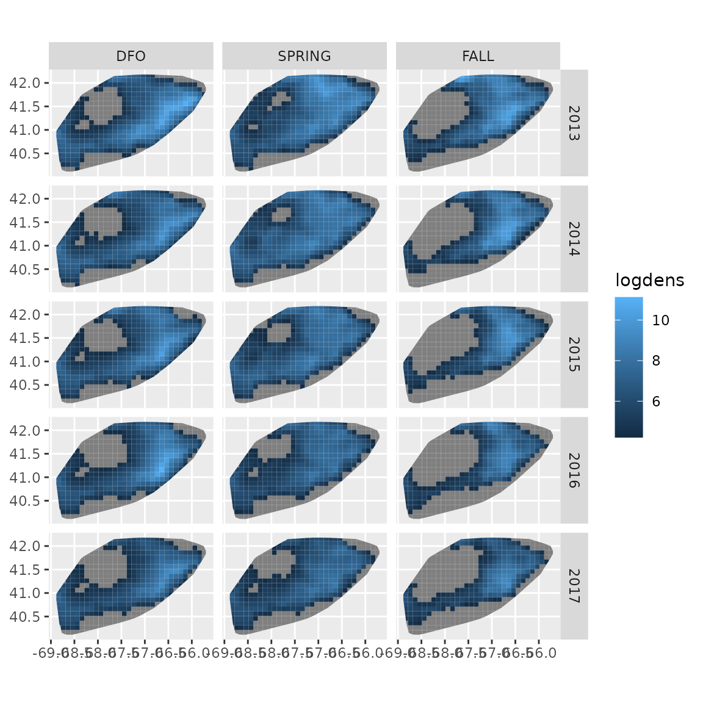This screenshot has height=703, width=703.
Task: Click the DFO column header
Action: [131, 56]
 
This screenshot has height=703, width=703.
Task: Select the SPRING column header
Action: [304, 56]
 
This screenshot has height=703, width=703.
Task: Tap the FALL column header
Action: [478, 56]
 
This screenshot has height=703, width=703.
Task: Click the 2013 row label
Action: [574, 123]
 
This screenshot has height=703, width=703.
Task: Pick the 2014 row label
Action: [574, 239]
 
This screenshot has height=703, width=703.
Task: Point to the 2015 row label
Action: [574, 355]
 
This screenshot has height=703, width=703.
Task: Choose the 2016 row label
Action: [574, 470]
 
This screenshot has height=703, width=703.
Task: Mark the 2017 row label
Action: [574, 586]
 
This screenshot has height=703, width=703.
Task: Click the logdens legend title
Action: [649, 281]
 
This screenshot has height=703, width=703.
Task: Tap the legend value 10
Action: [660, 320]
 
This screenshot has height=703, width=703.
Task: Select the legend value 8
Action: [656, 361]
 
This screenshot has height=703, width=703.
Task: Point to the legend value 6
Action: [656, 402]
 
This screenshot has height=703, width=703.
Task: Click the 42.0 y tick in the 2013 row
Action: [25, 83]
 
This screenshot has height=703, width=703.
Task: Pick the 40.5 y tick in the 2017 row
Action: [25, 616]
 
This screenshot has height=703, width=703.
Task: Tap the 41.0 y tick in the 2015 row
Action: [25, 361]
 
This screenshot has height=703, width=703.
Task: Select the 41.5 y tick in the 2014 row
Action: [25, 222]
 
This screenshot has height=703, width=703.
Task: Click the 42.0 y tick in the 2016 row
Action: [25, 430]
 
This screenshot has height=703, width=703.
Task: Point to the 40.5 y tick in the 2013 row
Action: [25, 153]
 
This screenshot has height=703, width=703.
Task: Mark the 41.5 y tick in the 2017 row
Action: [25, 569]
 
